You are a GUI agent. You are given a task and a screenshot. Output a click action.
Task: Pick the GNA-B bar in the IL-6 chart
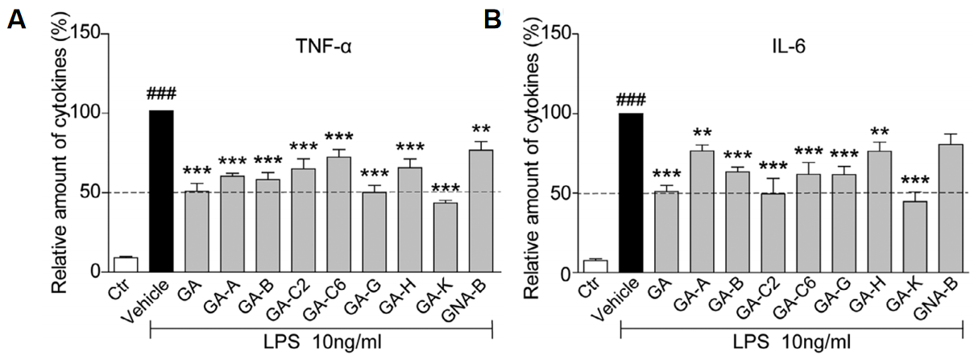[x=948, y=209]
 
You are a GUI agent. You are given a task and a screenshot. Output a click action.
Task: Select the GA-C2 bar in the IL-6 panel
[x=773, y=233]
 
